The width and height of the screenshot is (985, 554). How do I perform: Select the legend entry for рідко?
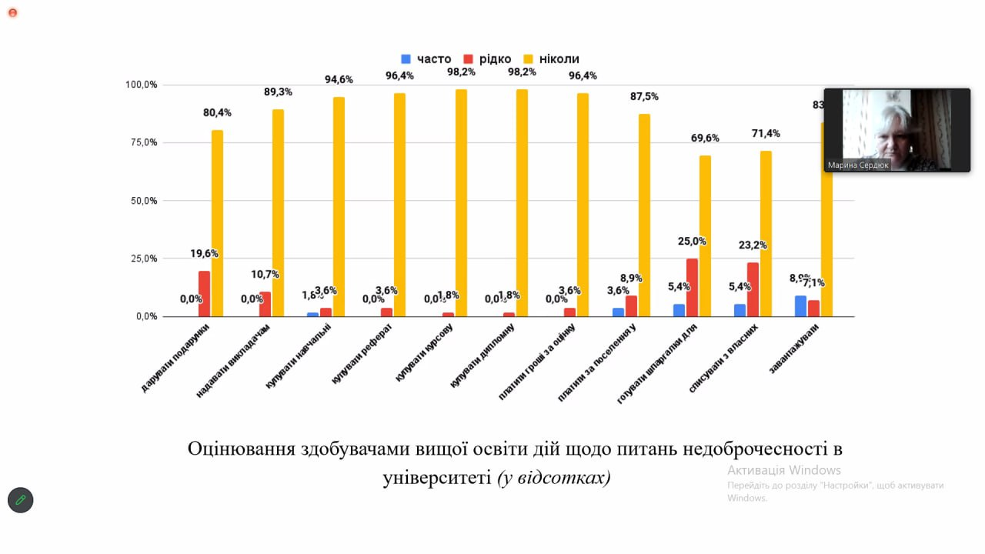click(488, 59)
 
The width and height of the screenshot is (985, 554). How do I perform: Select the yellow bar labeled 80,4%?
click(218, 223)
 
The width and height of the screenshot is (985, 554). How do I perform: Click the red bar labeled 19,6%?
click(204, 293)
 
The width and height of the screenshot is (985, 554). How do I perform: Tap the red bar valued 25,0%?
click(692, 287)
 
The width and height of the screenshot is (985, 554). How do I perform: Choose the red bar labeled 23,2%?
click(753, 289)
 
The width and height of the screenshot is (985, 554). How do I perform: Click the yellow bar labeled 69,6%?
click(705, 235)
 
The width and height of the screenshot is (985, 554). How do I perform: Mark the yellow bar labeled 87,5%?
click(644, 215)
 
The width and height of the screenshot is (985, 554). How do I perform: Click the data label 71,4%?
click(766, 133)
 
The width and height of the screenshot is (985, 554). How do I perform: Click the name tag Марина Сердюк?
click(857, 165)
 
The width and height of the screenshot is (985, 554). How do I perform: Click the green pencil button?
click(21, 500)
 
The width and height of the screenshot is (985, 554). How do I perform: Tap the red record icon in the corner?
click(12, 12)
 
